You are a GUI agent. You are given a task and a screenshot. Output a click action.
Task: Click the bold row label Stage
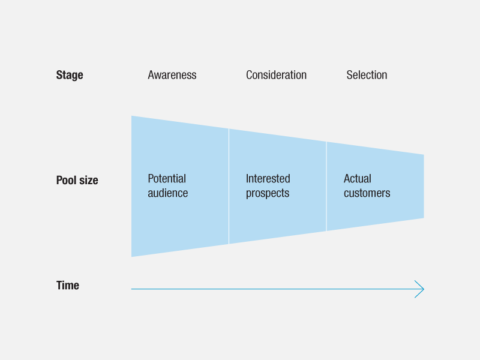click(x=70, y=75)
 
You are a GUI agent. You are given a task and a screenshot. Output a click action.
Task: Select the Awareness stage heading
click(x=172, y=75)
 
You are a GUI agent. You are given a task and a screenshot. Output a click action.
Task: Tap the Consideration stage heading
click(x=276, y=75)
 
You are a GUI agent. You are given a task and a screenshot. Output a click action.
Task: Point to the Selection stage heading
click(x=367, y=75)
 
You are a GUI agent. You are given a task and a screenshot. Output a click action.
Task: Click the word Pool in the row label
click(x=67, y=180)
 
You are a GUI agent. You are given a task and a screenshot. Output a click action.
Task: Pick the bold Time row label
click(x=68, y=286)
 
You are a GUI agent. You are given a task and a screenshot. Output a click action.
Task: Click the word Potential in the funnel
click(x=167, y=178)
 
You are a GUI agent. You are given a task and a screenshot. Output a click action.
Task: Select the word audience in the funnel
click(x=168, y=193)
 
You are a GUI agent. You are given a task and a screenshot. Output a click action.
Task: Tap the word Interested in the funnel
click(x=268, y=178)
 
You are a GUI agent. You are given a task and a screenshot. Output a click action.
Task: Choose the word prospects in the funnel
click(x=268, y=194)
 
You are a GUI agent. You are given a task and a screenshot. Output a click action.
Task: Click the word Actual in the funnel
click(x=357, y=178)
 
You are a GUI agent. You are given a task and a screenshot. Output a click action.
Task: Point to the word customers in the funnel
click(x=367, y=193)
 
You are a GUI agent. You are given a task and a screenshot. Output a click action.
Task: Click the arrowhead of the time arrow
click(x=424, y=289)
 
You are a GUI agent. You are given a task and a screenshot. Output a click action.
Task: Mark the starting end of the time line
click(x=131, y=289)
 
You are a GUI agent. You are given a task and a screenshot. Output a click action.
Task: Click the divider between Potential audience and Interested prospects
click(x=229, y=187)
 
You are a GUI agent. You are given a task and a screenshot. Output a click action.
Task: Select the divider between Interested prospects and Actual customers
click(x=326, y=187)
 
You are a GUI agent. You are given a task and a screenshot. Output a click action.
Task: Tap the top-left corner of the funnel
click(x=131, y=116)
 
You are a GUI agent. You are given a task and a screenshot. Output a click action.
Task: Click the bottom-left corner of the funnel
click(x=131, y=257)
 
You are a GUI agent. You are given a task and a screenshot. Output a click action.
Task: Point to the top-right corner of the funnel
click(x=424, y=155)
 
